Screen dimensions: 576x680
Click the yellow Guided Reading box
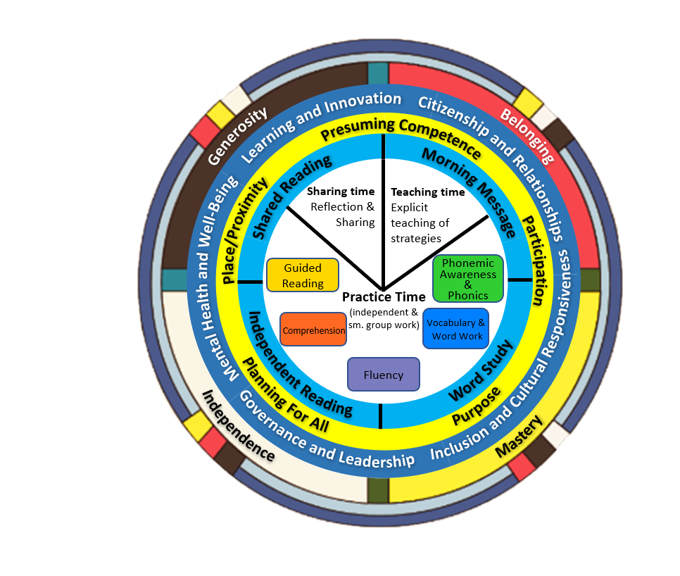tap(303, 275)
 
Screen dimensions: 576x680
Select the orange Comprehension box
tap(313, 330)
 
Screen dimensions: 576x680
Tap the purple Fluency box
tap(384, 375)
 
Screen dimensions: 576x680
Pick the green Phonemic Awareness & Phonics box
tap(468, 279)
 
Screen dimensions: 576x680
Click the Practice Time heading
tap(384, 296)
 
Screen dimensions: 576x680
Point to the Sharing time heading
tap(336, 192)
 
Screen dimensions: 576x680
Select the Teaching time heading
tap(428, 192)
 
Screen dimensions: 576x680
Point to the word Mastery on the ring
tap(520, 437)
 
